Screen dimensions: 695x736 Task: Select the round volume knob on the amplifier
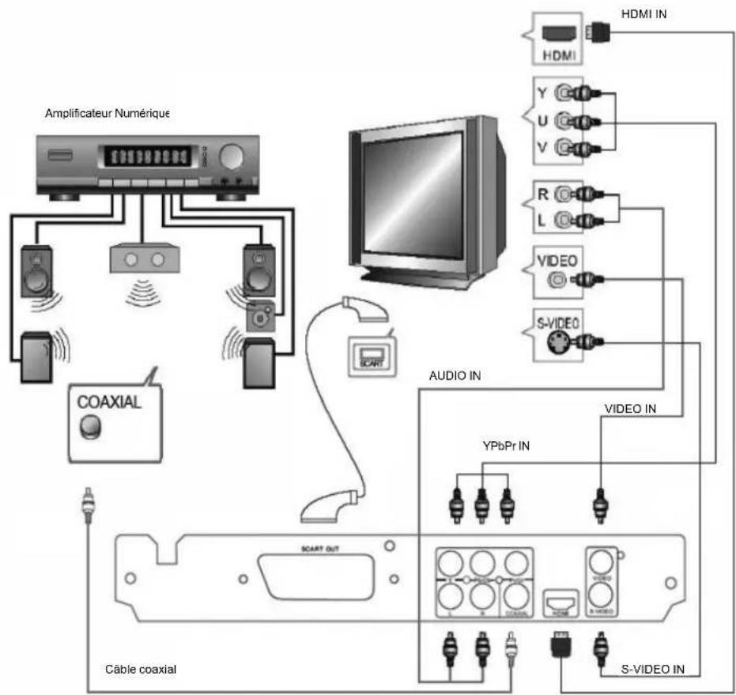[230, 157]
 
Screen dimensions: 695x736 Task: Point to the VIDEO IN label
[630, 410]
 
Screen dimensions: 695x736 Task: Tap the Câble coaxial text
[141, 669]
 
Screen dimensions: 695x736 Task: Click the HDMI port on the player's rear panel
[560, 606]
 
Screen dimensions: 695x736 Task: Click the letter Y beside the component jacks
[541, 92]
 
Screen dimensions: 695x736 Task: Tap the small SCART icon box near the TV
[369, 351]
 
